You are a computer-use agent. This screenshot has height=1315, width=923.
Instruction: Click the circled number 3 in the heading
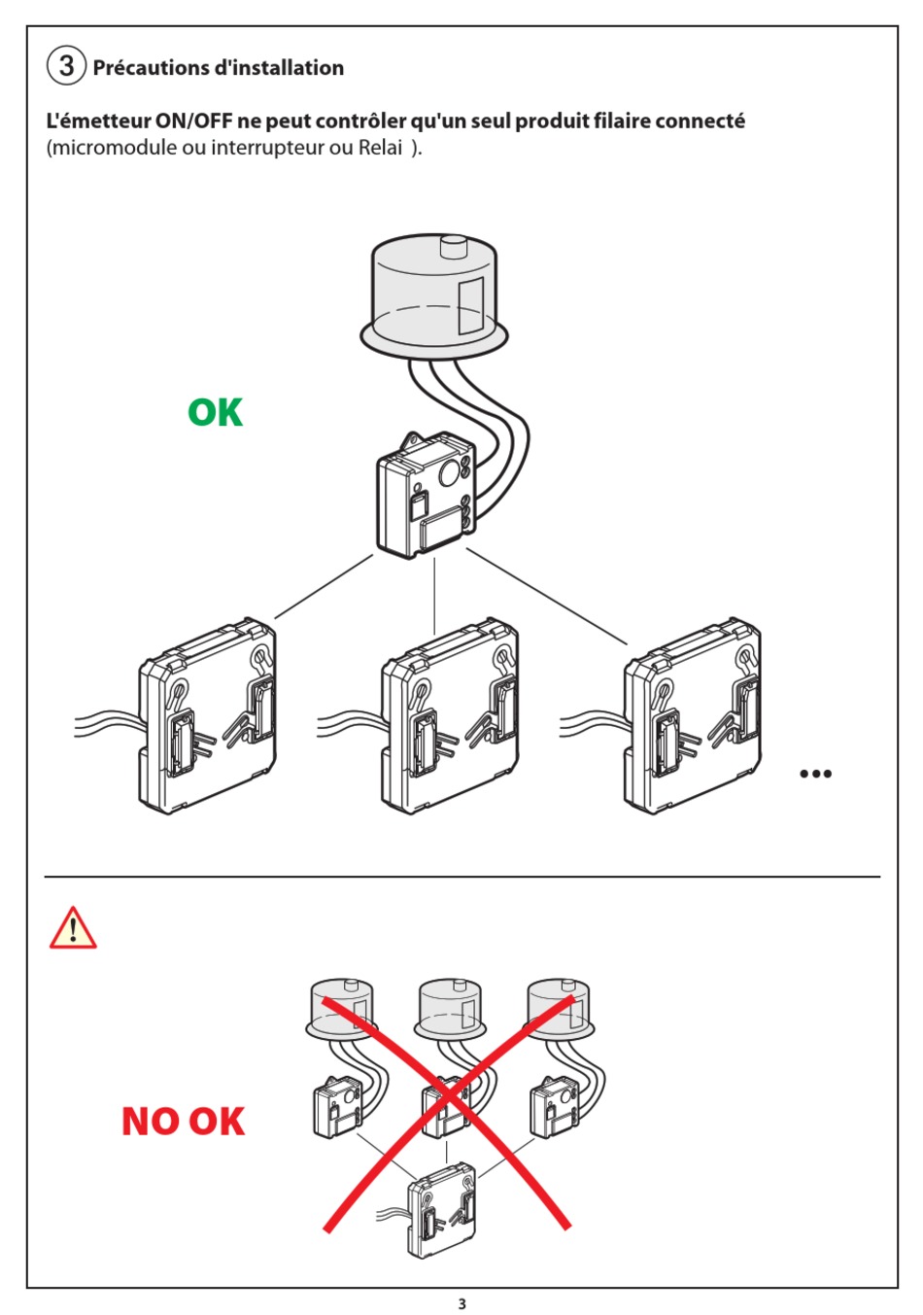(66, 65)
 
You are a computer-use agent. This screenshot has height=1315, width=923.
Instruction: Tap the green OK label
(215, 413)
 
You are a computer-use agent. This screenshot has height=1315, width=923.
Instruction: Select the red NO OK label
(183, 1122)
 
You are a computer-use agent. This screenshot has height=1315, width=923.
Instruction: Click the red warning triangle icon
(73, 928)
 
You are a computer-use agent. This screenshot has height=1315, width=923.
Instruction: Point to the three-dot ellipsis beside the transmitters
(815, 774)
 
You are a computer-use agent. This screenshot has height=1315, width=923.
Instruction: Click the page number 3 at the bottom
(462, 1303)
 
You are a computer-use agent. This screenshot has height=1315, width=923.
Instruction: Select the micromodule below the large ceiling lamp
(426, 494)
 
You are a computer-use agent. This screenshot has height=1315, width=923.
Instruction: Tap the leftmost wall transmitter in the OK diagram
(207, 716)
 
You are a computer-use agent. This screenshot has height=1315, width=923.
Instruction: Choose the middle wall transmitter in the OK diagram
(450, 716)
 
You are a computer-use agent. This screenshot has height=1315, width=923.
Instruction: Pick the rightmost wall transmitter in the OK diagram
(693, 716)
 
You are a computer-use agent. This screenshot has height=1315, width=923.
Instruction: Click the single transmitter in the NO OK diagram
(442, 1211)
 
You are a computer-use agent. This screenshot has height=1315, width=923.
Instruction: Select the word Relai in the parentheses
(380, 148)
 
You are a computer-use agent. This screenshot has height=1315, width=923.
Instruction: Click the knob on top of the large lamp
(454, 246)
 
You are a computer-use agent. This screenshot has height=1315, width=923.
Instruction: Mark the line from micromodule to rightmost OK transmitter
(547, 597)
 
